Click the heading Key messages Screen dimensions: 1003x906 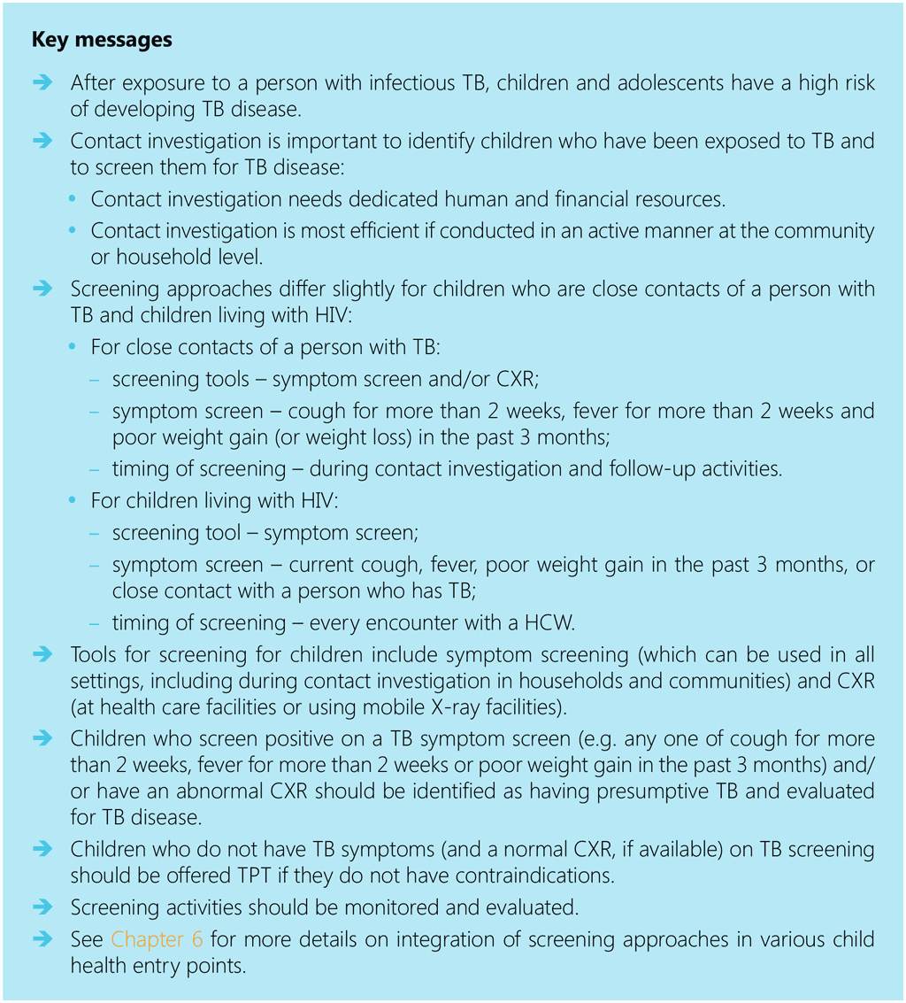pyautogui.click(x=102, y=41)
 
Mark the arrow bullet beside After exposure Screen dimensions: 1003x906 pyautogui.click(x=43, y=83)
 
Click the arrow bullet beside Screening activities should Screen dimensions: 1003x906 pyautogui.click(x=43, y=907)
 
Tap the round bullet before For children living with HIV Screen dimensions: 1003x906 pyautogui.click(x=73, y=502)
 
